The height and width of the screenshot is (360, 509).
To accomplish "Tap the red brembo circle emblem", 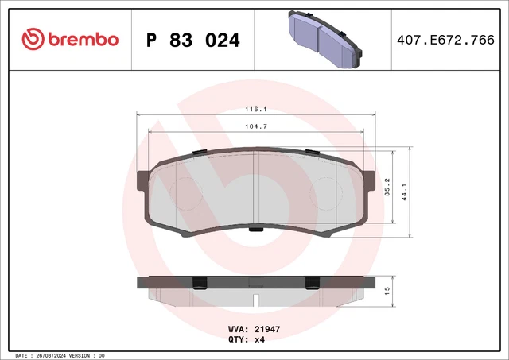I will click(33, 38).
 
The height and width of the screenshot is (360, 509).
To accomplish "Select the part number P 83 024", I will click(192, 39).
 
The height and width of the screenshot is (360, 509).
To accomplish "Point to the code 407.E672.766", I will click(450, 39).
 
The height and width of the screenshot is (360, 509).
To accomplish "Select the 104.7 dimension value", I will click(255, 126).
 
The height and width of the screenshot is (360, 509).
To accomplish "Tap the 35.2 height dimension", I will click(387, 187).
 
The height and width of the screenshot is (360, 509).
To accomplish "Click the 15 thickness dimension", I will click(387, 291).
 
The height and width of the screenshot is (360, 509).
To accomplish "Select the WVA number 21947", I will click(267, 327).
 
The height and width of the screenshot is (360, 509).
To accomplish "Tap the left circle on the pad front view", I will click(188, 191).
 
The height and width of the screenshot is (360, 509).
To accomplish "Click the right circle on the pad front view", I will click(322, 191).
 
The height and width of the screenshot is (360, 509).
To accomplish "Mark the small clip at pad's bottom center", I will click(255, 230).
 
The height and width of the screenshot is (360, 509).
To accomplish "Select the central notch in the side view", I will click(255, 300).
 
